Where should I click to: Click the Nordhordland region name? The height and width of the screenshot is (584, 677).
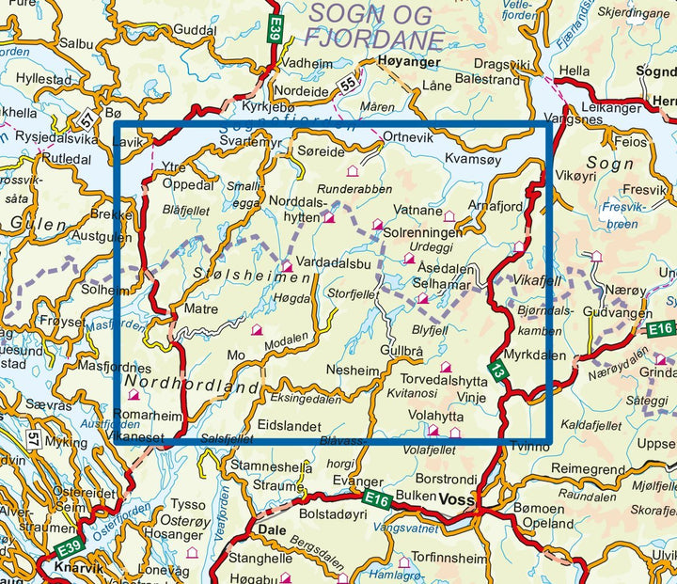[x=191, y=387]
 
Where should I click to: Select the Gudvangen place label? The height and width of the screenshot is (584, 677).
[x=614, y=311]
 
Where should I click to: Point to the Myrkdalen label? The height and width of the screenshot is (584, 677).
[x=535, y=355]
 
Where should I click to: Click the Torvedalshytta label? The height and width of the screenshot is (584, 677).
[x=447, y=382]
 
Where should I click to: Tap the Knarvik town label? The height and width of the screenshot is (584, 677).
[x=70, y=571]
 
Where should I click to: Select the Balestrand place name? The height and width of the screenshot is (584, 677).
[x=487, y=80]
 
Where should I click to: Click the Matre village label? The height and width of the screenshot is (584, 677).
[x=201, y=308]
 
